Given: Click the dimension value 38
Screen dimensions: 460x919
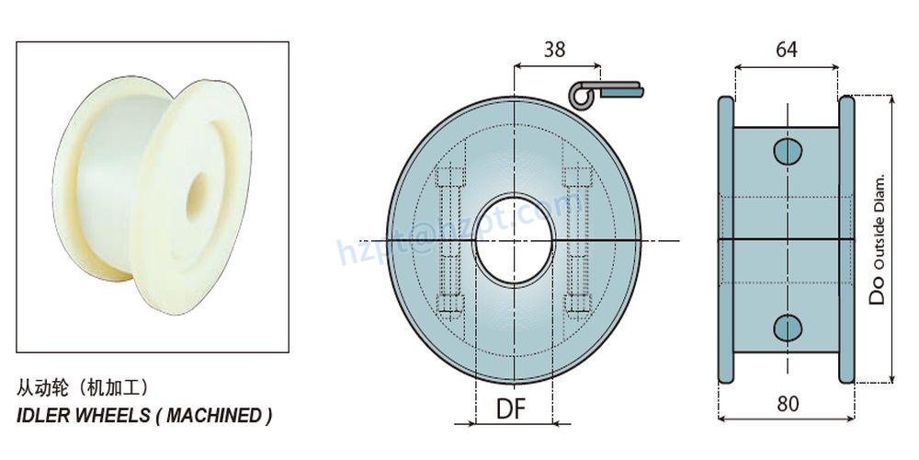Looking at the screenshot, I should [554, 50].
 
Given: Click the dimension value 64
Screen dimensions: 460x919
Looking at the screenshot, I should [786, 50].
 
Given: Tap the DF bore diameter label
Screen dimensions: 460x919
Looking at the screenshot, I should [513, 408].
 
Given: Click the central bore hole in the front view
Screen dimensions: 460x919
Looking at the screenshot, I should [513, 241].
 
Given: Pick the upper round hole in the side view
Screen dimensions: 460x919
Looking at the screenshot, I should [787, 151].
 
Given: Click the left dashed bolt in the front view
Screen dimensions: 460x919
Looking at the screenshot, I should [450, 241].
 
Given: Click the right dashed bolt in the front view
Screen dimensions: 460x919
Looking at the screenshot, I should [577, 241].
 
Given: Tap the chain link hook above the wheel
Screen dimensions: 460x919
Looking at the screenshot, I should [607, 92].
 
